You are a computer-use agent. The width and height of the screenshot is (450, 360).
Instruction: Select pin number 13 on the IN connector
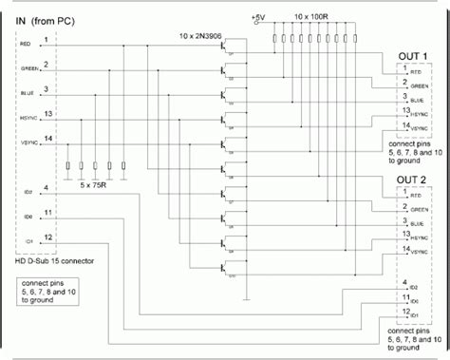pos(47,113)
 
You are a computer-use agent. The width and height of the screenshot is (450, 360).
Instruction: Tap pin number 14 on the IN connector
pos(47,138)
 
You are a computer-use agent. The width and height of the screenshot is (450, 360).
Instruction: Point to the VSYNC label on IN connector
pos(27,142)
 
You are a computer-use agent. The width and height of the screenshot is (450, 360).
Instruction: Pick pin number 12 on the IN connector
pos(47,237)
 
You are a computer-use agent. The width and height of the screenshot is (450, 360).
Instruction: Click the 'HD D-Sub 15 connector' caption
pos(49,261)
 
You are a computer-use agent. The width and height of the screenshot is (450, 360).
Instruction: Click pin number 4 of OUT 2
pos(405,282)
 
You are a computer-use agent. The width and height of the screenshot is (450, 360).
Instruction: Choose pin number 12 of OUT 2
pos(406,311)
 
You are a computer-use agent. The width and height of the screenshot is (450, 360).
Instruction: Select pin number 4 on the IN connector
pos(47,188)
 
